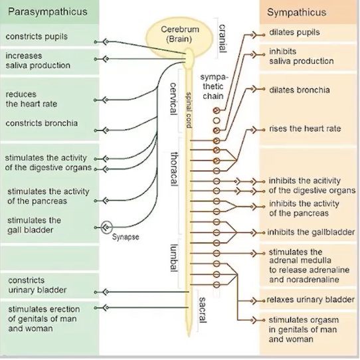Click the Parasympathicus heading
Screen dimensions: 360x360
coord(48,12)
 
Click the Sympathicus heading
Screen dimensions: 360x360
coord(296,13)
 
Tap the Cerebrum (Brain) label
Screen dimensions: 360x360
coord(179,35)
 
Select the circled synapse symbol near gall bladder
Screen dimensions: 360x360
coord(106,227)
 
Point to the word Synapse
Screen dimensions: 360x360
coord(126,236)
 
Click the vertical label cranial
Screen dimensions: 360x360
coord(222,39)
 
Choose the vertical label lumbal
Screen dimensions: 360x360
coord(173,258)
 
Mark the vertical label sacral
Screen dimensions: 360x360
coord(203,310)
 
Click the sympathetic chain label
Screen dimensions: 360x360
coord(213,86)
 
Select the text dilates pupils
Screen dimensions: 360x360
coord(294,32)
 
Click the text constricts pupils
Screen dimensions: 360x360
coord(37,37)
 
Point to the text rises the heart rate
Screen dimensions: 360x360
coord(305,129)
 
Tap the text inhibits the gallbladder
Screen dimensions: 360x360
coord(311,232)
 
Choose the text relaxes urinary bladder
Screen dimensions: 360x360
coord(311,300)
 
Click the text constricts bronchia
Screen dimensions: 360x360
coord(42,124)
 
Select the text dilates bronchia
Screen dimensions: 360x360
coord(300,90)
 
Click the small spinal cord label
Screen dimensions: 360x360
coord(189,110)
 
